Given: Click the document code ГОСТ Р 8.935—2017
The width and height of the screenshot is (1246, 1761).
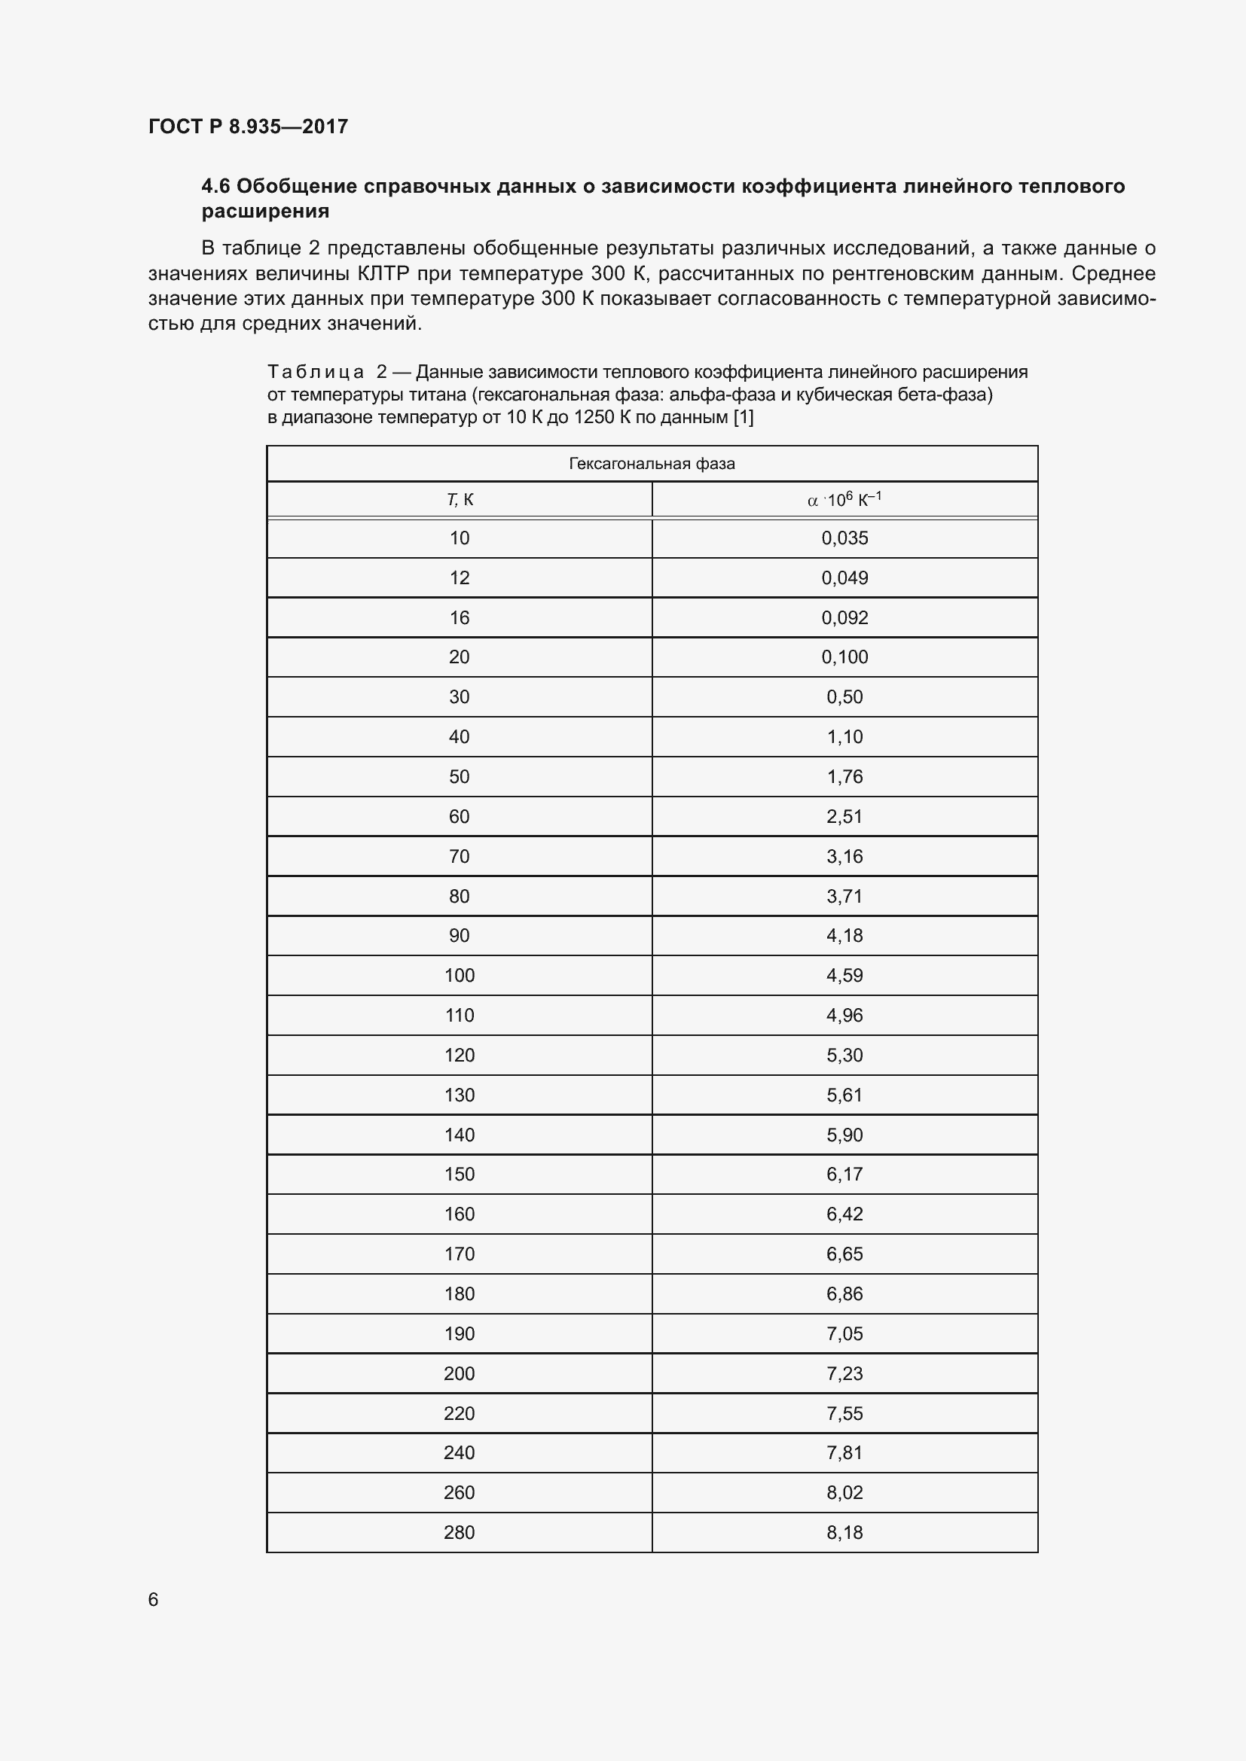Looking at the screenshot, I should click(248, 126).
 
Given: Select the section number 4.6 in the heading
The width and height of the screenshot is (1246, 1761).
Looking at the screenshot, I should click(215, 187).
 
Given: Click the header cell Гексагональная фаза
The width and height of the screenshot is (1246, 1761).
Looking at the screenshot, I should click(652, 463).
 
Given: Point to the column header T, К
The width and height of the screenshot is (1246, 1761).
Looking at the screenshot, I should click(460, 500).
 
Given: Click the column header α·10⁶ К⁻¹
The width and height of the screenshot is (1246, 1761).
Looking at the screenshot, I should click(844, 500).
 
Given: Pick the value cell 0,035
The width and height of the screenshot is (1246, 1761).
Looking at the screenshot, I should click(844, 538).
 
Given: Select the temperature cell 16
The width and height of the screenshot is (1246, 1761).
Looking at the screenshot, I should click(459, 618).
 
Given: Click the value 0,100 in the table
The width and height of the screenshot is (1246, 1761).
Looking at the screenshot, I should click(844, 657).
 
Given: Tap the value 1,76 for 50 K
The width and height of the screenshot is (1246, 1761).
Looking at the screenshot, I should click(844, 777).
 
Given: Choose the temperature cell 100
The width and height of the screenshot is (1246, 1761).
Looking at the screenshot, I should click(459, 976).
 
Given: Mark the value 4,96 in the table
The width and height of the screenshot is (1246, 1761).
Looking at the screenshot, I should click(844, 1016).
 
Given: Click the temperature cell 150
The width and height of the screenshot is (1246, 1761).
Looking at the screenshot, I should click(459, 1175).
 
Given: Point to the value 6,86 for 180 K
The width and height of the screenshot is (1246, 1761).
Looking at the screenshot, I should click(844, 1294).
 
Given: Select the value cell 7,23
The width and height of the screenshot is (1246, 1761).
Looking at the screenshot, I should click(844, 1374).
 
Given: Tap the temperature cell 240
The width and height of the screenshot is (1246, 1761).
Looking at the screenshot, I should click(459, 1452).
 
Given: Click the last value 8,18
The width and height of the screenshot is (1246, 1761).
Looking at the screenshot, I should click(844, 1532).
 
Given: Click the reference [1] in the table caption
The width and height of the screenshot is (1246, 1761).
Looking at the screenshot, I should click(744, 417).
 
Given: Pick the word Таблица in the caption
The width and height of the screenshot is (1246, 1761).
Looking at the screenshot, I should click(316, 373).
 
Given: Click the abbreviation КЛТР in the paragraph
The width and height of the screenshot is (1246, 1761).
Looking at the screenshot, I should click(383, 274).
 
